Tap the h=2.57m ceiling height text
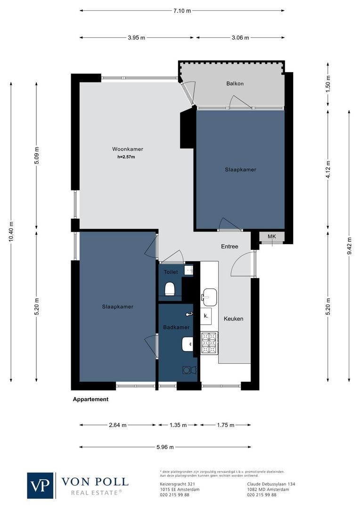(x=126, y=157)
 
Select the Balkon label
(x=234, y=84)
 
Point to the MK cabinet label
(x=272, y=236)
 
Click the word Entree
(x=229, y=247)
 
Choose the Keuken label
(x=233, y=319)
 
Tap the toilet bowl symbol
(x=170, y=287)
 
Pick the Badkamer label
(x=176, y=327)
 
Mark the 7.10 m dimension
(x=182, y=10)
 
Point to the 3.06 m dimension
(x=240, y=38)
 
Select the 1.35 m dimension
(x=178, y=425)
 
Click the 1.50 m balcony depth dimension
(x=328, y=84)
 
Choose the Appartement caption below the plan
(x=90, y=399)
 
